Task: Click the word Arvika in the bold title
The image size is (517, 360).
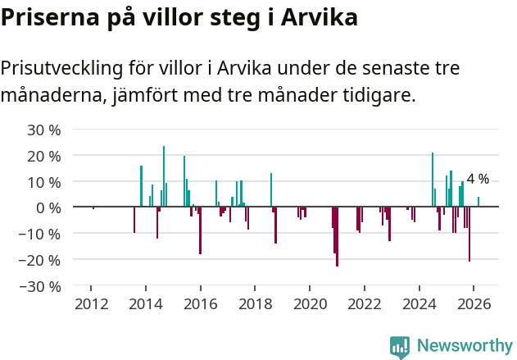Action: (314, 17)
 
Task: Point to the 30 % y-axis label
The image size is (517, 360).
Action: (44, 130)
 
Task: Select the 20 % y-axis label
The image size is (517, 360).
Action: (44, 156)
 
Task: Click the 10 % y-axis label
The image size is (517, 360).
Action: (44, 182)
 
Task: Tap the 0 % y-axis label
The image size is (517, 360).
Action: (48, 208)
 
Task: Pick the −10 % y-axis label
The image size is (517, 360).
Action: (41, 235)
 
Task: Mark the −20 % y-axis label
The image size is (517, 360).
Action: (41, 261)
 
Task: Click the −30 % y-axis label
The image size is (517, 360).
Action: (41, 287)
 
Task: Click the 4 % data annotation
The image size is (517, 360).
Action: (478, 179)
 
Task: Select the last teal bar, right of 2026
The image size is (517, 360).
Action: (478, 202)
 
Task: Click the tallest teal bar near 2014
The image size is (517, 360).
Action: (164, 176)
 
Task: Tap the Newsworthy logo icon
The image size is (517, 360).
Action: (400, 347)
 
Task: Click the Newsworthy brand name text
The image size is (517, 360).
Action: (464, 346)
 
